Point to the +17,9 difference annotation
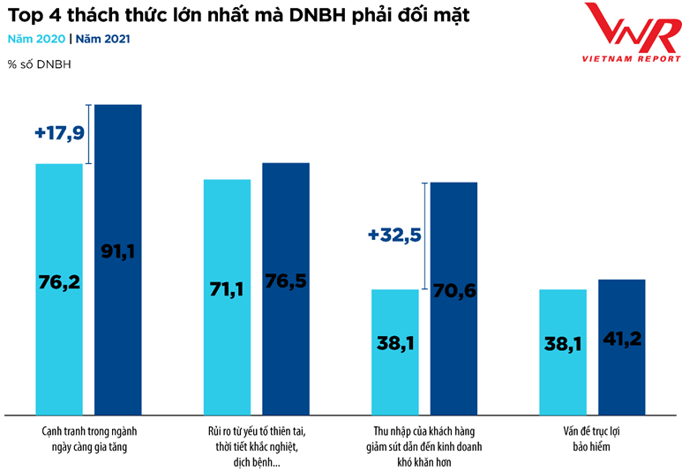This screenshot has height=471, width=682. (x=61, y=132)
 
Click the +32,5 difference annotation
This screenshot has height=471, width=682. (x=395, y=235)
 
